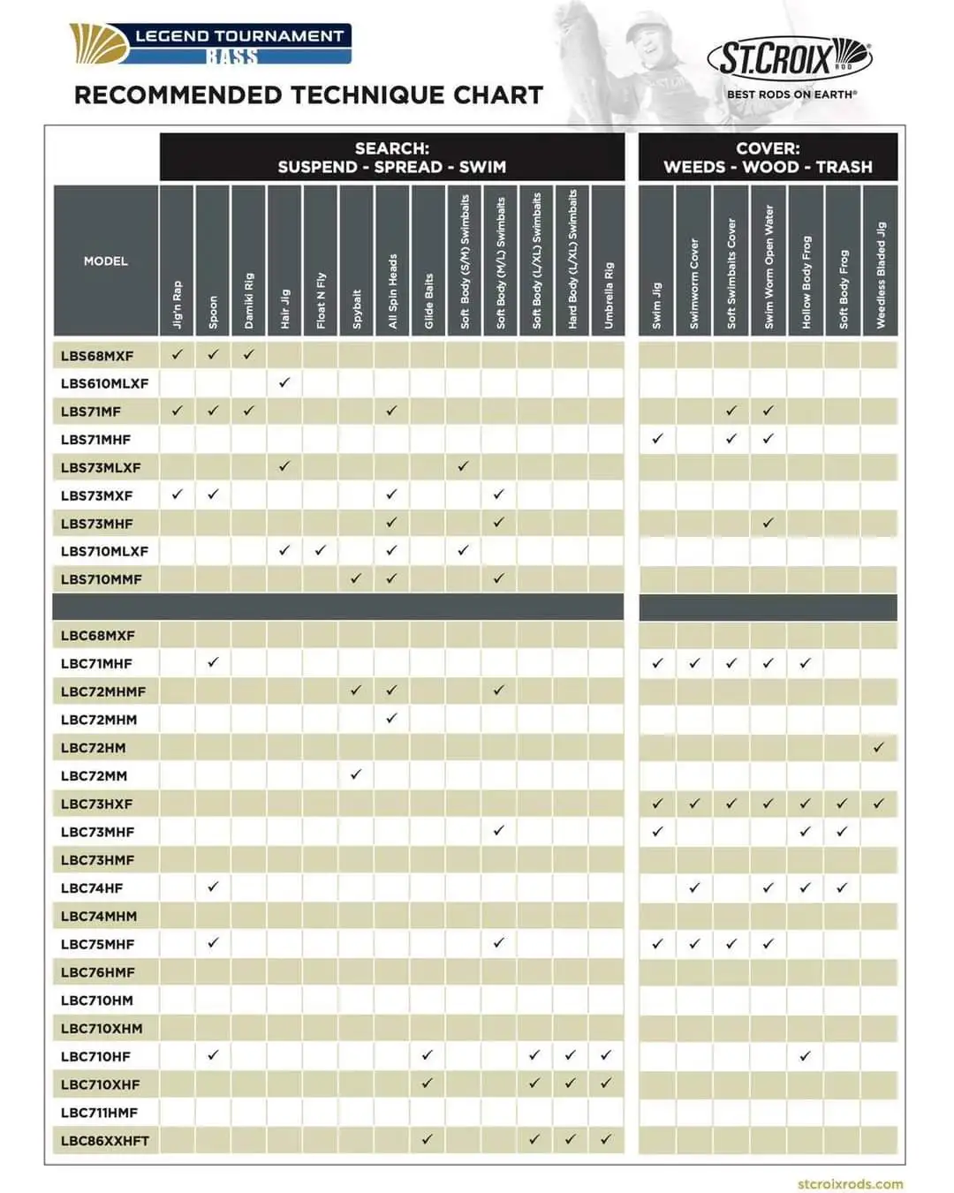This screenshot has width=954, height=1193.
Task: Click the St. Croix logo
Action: [x=789, y=60]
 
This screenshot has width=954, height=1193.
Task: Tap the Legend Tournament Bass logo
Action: [x=210, y=44]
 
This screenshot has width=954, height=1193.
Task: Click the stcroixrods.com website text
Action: [x=850, y=1183]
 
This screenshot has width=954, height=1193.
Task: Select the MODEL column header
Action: [x=106, y=260]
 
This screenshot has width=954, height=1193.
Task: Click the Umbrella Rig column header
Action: [x=608, y=260]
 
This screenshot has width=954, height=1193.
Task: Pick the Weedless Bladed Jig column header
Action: [x=880, y=260]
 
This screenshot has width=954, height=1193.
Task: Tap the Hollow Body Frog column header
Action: [x=806, y=260]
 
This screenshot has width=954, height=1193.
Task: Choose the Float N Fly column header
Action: [x=321, y=260]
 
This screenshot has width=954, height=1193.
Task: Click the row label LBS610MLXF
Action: [x=104, y=383]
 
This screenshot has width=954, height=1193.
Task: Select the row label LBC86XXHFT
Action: [x=104, y=1141]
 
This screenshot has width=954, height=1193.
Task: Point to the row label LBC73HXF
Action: [x=97, y=804]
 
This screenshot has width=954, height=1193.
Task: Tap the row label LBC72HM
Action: [x=93, y=748]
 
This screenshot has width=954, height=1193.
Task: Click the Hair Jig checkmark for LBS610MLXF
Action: [x=284, y=382]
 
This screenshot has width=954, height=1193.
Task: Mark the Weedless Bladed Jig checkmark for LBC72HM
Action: [x=879, y=747]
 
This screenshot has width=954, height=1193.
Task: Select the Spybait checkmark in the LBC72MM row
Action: [x=356, y=774]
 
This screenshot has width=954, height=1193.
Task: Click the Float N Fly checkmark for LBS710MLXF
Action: [x=321, y=550]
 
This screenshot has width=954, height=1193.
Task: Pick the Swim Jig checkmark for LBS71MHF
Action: [x=657, y=438]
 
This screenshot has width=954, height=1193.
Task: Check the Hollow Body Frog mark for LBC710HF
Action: [x=805, y=1055]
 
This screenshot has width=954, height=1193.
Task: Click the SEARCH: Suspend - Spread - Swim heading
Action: [x=392, y=157]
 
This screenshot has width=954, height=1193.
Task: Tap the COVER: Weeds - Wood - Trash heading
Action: [x=768, y=157]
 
